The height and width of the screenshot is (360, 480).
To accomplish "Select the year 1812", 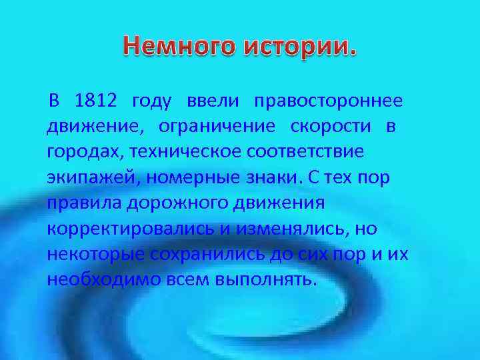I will pyautogui.click(x=96, y=101).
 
